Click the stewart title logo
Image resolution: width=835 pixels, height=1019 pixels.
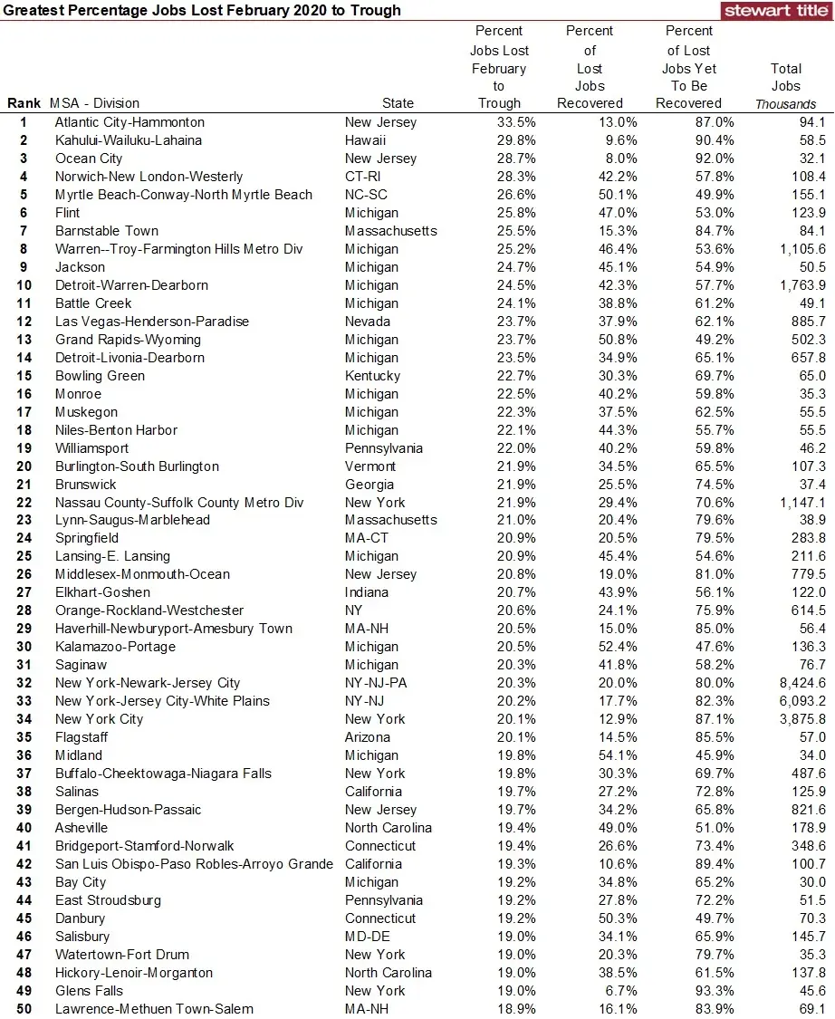777,11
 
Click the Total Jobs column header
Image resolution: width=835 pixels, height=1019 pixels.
785,77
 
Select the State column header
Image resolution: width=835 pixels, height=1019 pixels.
398,103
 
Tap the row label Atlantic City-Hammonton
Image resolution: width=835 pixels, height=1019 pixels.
130,122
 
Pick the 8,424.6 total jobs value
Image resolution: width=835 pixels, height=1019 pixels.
800,683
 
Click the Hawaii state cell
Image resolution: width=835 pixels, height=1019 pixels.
365,140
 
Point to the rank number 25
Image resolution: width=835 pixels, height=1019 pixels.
24,556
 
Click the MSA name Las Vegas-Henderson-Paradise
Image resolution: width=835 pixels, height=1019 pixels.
151,322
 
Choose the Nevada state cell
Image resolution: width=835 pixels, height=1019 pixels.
367,322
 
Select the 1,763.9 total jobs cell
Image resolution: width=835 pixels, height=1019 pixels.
800,285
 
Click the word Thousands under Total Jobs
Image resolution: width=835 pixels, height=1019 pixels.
785,104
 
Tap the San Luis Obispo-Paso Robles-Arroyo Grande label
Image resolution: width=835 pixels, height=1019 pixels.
194,864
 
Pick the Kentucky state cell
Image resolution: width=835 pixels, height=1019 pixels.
372,376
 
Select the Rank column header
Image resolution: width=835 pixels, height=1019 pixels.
24,103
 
